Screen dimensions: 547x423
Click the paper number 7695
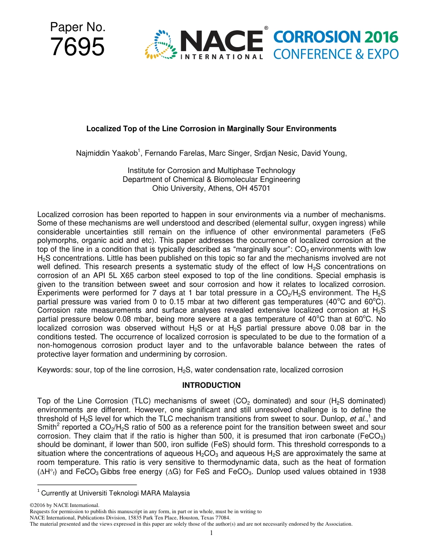point(77,47)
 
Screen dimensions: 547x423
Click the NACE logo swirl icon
point(161,44)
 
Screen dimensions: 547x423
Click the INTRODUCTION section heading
point(211,385)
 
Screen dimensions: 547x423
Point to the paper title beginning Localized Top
point(211,129)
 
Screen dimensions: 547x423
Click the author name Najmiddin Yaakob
point(107,153)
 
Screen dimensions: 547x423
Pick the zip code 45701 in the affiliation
point(260,188)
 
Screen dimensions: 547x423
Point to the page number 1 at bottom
point(211,533)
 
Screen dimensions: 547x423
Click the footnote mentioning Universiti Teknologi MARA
point(114,493)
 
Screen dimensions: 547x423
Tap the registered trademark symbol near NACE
point(266,28)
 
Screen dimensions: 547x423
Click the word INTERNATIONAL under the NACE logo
point(221,57)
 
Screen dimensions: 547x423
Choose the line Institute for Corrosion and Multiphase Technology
point(211,170)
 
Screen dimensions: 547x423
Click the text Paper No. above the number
point(77,28)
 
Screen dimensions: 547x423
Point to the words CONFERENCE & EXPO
point(336,54)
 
